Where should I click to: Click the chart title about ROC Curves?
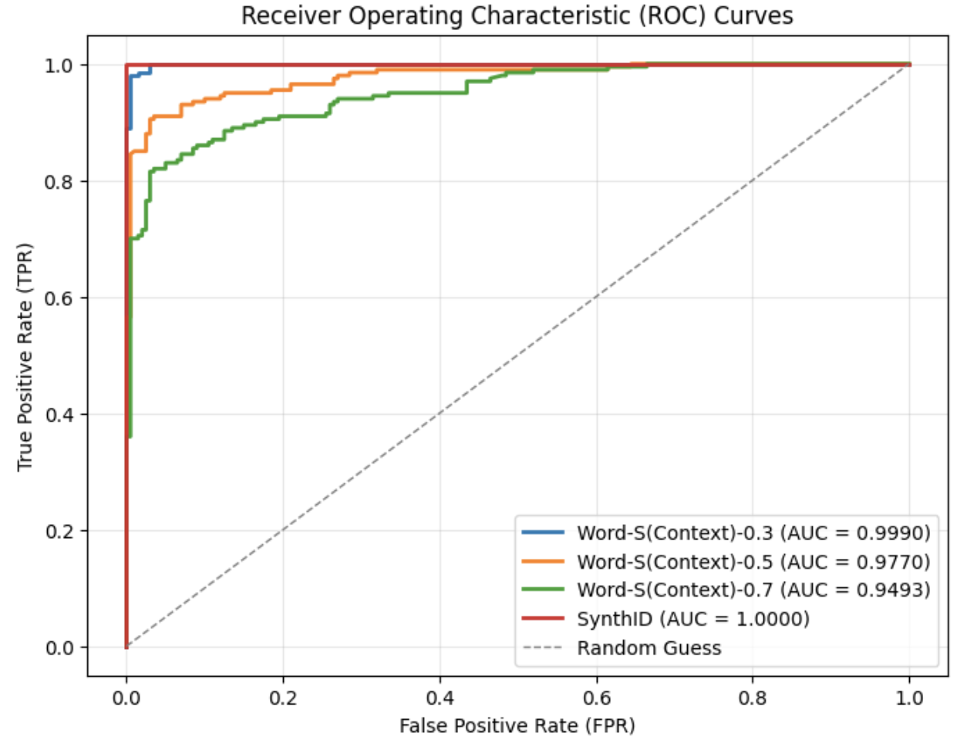pos(517,15)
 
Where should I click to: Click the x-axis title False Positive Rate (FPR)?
pos(517,725)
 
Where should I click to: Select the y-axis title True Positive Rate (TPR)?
pos(25,357)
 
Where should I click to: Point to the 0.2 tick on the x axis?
pos(283,698)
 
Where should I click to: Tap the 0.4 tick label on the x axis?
pos(440,698)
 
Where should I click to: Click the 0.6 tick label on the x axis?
pos(597,698)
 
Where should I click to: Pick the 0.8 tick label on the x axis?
pos(753,698)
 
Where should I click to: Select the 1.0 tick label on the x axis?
pos(910,698)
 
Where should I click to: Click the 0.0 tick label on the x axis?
pos(126,698)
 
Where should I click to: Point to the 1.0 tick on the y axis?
pos(59,66)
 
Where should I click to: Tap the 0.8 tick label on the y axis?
pos(59,182)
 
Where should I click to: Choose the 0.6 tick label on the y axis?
pos(59,298)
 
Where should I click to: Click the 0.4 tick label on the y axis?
pos(59,415)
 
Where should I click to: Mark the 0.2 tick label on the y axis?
pos(59,531)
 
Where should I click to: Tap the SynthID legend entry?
pos(692,619)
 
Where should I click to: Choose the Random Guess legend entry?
pos(649,648)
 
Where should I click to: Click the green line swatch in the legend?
pos(543,590)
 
